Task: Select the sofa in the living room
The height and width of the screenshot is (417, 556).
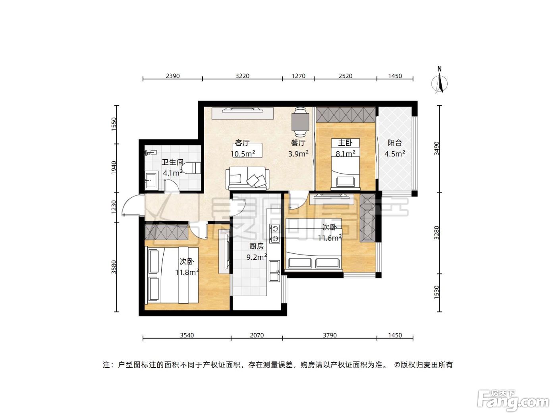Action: pos(247,178)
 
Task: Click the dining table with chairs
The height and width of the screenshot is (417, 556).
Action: pos(300,122)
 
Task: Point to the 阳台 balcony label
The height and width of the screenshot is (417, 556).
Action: pos(395,143)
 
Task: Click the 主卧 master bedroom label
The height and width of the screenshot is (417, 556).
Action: pos(345,143)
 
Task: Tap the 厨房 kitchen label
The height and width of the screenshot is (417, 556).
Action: pos(256,246)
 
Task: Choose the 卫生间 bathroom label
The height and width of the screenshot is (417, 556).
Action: pos(172,162)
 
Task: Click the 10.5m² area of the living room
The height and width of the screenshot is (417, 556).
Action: pos(243,154)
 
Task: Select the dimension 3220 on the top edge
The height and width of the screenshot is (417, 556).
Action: pos(242,76)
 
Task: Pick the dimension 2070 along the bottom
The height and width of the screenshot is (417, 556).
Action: pos(257,335)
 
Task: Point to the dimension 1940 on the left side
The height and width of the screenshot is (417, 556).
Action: pos(114,168)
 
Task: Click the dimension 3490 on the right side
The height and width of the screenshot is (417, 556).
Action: pos(436,148)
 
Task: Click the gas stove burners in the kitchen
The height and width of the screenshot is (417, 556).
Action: pos(274,234)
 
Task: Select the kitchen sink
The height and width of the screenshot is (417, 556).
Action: pos(274,271)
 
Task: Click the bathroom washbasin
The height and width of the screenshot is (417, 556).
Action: pos(151,180)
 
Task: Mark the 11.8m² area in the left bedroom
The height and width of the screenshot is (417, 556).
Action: pos(187,272)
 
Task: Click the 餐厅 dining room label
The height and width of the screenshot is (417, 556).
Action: pos(298,143)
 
